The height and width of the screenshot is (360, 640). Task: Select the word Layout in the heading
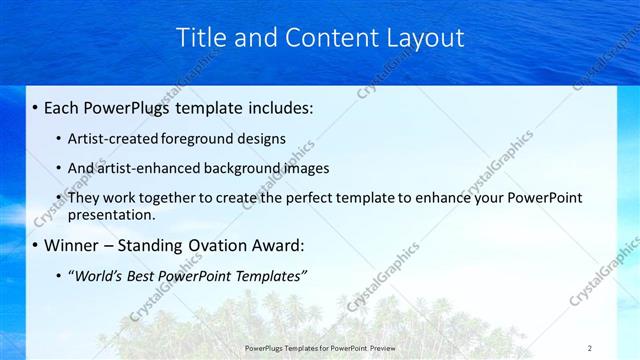424,37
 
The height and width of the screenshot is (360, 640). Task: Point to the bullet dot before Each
36,107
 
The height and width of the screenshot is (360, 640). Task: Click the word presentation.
112,214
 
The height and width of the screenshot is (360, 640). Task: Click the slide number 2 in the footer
590,347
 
